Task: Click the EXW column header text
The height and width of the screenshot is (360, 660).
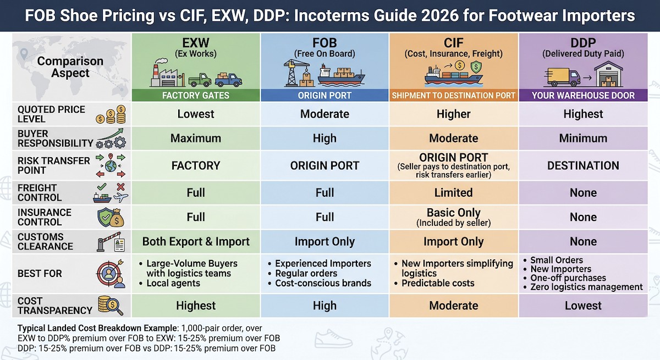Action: click(196, 43)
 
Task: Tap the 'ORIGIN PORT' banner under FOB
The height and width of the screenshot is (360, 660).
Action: click(324, 95)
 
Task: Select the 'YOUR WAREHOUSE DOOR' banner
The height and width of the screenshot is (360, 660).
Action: click(583, 95)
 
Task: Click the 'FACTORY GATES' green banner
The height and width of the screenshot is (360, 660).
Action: click(196, 95)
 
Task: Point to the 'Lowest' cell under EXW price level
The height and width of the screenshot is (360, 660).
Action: click(196, 114)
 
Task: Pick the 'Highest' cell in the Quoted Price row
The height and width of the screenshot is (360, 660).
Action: click(583, 114)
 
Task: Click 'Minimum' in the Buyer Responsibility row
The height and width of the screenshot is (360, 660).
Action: click(583, 139)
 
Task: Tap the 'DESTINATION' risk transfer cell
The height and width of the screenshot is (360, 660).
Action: click(583, 165)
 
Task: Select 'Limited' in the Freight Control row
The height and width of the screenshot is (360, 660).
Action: click(453, 193)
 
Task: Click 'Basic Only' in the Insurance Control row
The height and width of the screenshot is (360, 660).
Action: click(453, 213)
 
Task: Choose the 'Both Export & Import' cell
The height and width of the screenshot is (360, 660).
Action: click(196, 242)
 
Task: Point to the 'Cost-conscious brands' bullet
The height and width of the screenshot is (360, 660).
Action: click(323, 284)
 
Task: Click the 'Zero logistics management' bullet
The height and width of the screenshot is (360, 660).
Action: click(586, 287)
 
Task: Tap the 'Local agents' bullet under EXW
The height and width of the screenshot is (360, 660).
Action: click(173, 284)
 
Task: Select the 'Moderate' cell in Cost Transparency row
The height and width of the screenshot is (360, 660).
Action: click(453, 306)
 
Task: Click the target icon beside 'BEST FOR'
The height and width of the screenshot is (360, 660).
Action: click(109, 273)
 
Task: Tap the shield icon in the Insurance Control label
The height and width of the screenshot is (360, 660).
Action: click(106, 217)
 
